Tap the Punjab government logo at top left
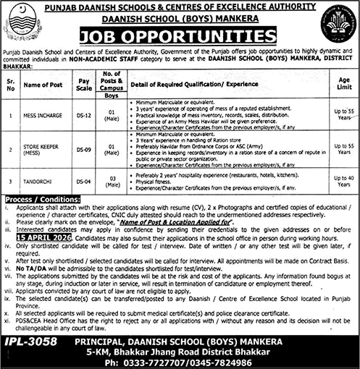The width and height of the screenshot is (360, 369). (x=22, y=24)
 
